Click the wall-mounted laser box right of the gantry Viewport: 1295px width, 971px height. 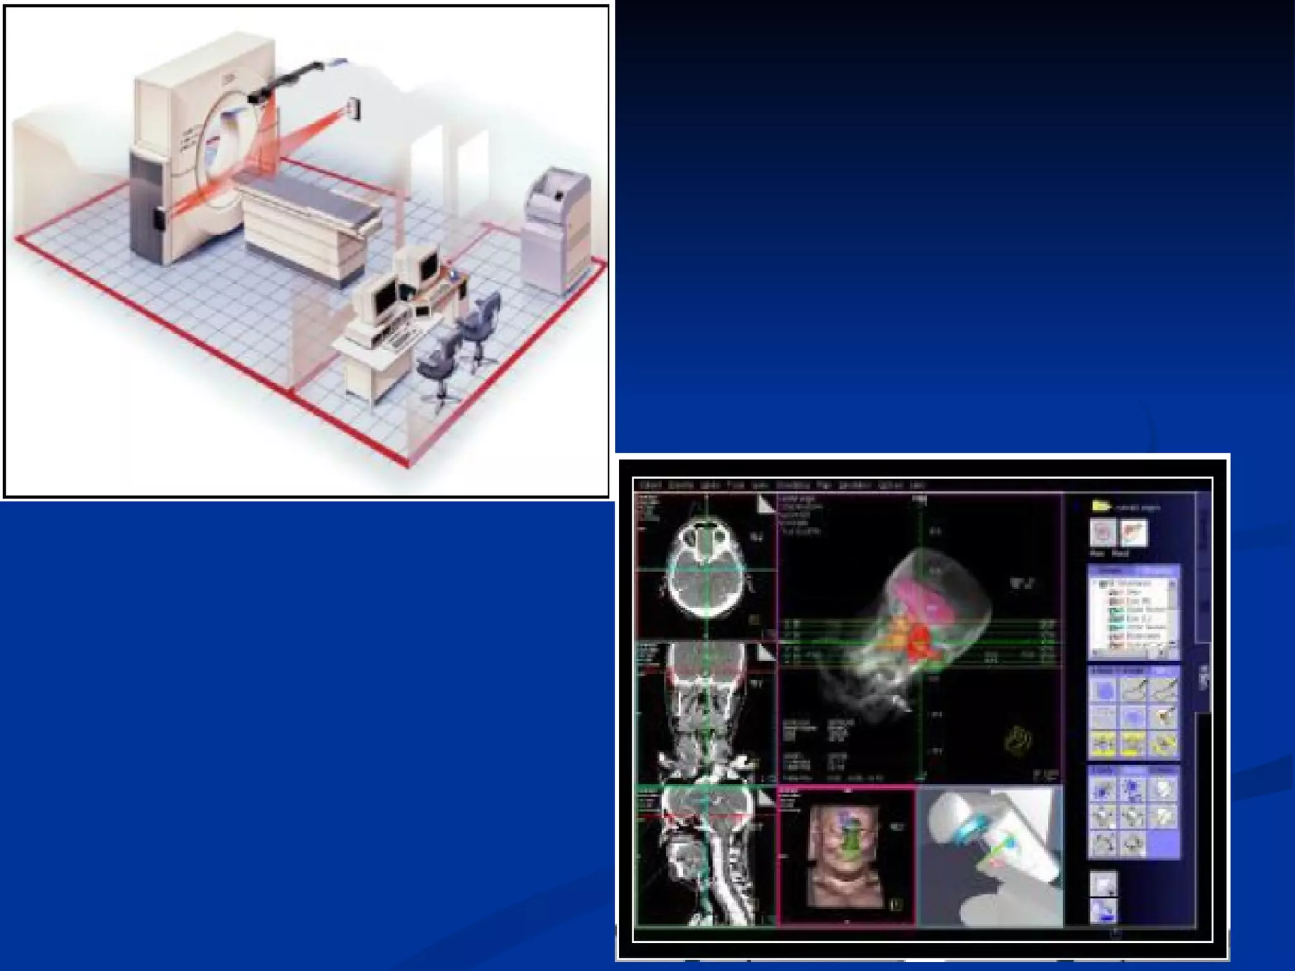coord(353,109)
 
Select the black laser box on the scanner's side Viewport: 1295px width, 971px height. coord(159,218)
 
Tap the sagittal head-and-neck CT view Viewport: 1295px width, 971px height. coord(706,853)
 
